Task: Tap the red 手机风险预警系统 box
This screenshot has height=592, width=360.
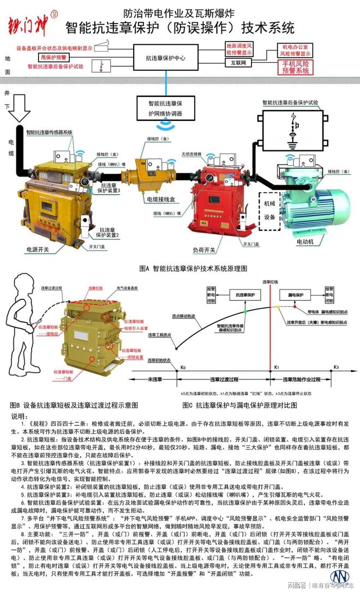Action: [295, 68]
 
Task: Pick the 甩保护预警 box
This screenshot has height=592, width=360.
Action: [53, 57]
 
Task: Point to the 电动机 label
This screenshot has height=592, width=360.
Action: [305, 240]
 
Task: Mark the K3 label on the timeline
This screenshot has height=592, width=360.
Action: [336, 367]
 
